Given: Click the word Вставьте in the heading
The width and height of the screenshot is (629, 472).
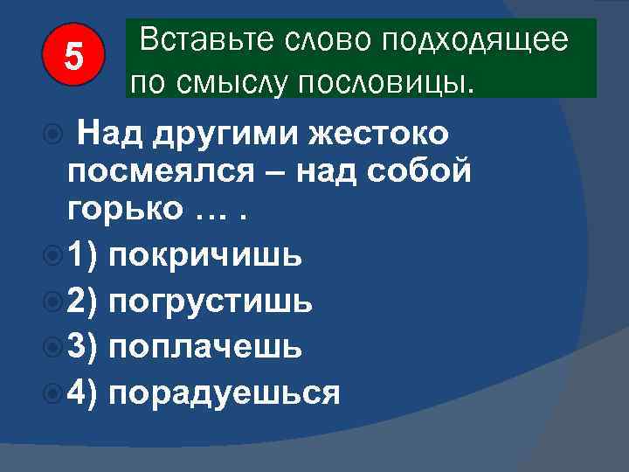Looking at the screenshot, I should [x=189, y=40].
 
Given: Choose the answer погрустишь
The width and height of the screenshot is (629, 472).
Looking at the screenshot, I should [x=210, y=302].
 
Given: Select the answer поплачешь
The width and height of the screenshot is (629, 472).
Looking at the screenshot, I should [x=205, y=347].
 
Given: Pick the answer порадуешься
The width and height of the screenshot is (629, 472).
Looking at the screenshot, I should [x=225, y=393].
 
